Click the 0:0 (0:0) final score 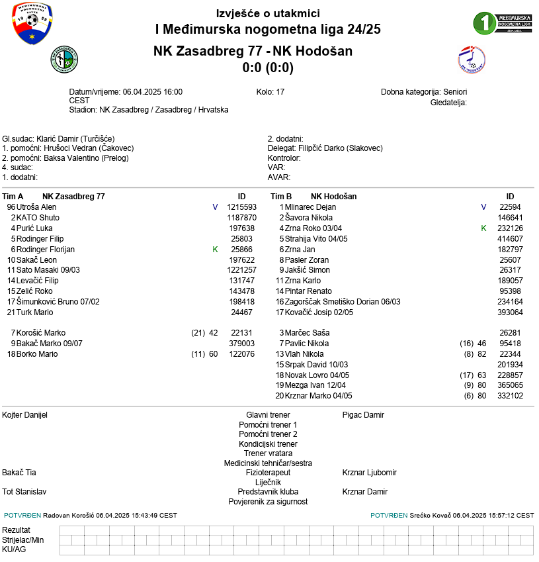click(268, 68)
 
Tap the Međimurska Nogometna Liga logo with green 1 click(503, 23)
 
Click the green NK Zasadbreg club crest click(65, 61)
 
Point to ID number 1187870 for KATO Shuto click(241, 218)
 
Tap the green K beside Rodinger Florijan click(215, 250)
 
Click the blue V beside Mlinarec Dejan click(483, 207)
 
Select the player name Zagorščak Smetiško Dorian click(343, 302)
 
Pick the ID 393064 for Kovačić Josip click(510, 312)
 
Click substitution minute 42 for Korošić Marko click(213, 333)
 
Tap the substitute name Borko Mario click(37, 354)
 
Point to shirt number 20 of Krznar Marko click(279, 396)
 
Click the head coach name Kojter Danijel click(25, 415)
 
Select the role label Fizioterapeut click(268, 473)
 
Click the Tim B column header click(281, 197)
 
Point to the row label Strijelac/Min click(23, 540)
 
